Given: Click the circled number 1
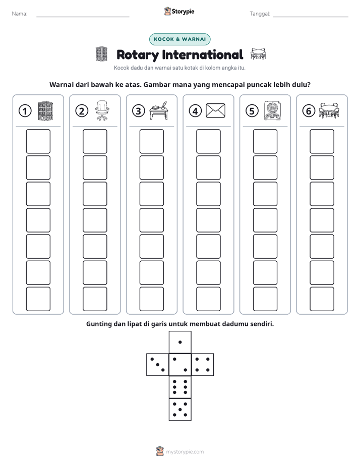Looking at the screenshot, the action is [x=25, y=111].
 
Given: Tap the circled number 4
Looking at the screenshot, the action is [x=195, y=111].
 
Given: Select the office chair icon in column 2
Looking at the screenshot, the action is [x=102, y=110].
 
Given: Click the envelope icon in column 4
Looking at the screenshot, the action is [x=216, y=110].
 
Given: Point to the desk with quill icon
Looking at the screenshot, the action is [x=159, y=110].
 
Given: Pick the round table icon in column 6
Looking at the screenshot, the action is [x=329, y=110].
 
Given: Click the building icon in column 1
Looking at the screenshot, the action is [x=45, y=110].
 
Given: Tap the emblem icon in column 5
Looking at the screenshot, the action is [x=272, y=110].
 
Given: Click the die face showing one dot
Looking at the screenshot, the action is [x=180, y=342].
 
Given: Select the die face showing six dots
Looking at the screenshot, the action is [x=180, y=387].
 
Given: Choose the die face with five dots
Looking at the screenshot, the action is [x=180, y=409].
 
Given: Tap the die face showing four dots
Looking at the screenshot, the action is [x=203, y=364].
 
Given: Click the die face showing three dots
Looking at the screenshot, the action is [x=158, y=364].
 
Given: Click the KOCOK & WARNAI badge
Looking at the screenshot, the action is [x=179, y=39].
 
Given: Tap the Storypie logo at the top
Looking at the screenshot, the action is [x=179, y=12].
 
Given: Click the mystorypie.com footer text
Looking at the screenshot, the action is [x=185, y=452].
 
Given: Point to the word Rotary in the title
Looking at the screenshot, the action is [x=138, y=55].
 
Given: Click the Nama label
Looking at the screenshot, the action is [x=20, y=14].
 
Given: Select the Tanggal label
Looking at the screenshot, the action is [x=260, y=14].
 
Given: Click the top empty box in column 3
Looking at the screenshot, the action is [x=151, y=141].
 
